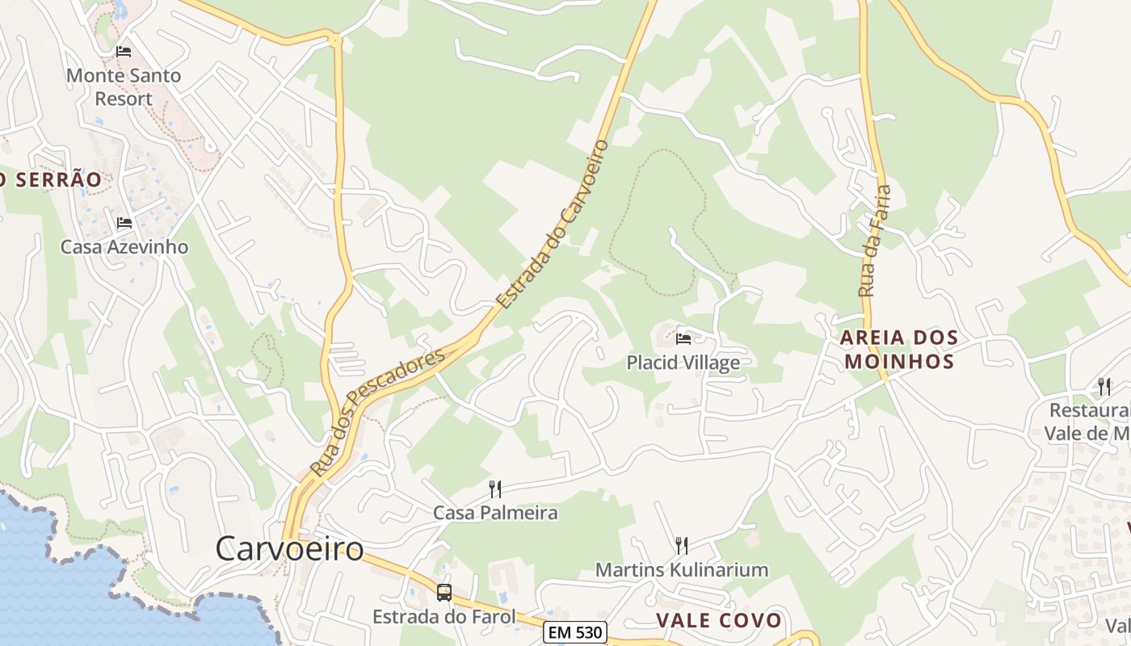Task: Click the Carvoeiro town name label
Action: click(289, 549)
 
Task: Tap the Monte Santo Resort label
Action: click(124, 87)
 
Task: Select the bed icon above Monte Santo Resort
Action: click(124, 52)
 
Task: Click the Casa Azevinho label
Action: click(124, 247)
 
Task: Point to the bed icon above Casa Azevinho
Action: click(124, 223)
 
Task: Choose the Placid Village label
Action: click(683, 363)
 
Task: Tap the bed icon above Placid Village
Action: click(683, 338)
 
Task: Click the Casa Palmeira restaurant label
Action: click(495, 513)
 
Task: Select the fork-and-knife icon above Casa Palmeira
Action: click(495, 489)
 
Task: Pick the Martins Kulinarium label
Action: click(681, 569)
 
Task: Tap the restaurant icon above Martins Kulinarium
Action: click(681, 545)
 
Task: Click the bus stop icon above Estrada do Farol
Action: click(444, 593)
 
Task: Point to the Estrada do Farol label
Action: click(444, 617)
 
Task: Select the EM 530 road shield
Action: click(574, 632)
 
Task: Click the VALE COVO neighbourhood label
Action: click(719, 620)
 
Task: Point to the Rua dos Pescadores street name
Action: click(376, 412)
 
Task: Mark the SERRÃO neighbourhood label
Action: click(52, 179)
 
